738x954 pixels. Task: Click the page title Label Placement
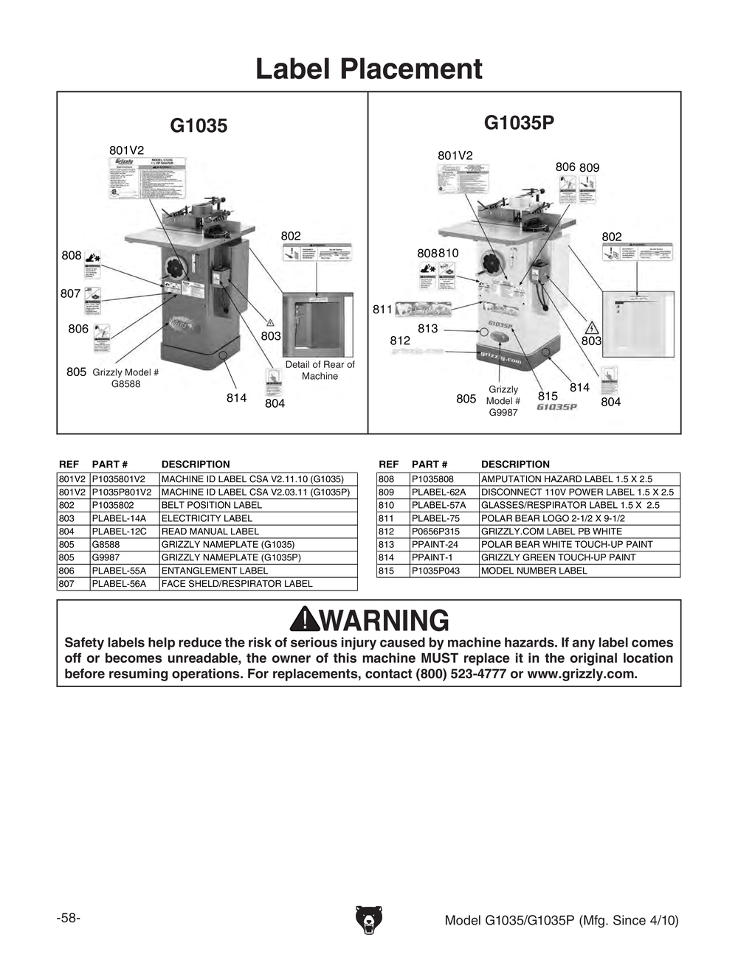click(368, 69)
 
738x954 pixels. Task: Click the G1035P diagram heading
click(519, 122)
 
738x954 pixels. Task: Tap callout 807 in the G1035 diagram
click(71, 293)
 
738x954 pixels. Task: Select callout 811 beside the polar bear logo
click(382, 310)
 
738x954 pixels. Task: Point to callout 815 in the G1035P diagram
click(548, 396)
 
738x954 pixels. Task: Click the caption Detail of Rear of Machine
click(320, 370)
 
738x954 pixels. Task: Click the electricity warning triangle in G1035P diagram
click(591, 327)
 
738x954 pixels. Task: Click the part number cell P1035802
click(114, 505)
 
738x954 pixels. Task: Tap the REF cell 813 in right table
click(386, 544)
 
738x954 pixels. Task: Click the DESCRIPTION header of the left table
click(196, 464)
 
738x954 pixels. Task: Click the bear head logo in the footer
click(368, 919)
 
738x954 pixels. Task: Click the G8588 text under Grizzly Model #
click(125, 384)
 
